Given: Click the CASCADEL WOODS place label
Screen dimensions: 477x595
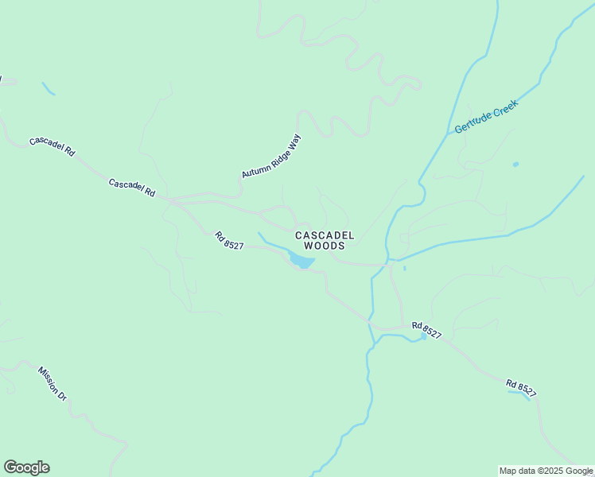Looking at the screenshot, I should pos(320,240).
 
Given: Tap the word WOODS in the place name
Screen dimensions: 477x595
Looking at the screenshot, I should pos(320,246).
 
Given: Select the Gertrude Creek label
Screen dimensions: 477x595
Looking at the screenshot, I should pos(486,117).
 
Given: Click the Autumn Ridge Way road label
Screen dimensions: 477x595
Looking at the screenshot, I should pos(272,156).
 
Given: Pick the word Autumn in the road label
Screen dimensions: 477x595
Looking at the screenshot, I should pos(254,169).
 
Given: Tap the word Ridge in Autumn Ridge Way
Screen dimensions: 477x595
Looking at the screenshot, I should pos(274,154).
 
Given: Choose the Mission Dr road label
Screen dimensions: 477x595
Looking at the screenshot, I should pos(52,382).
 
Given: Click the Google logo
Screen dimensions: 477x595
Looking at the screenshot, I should pos(26,467).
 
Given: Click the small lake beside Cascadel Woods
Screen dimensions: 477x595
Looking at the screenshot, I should pos(301,261).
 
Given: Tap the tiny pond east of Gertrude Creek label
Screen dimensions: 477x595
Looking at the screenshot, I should pos(515,165).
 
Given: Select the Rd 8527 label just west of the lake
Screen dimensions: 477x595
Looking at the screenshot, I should pos(228,240).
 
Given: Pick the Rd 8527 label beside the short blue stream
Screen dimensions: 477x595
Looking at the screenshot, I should pos(521,388).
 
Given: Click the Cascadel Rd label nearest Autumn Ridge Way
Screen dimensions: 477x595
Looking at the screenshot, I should pos(131,188).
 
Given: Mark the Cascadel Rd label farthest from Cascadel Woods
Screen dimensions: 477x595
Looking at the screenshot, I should pos(52,146).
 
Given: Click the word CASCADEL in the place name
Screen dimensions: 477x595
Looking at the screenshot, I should pos(320,235).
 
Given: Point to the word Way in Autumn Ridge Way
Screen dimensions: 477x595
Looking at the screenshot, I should pos(294,141).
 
